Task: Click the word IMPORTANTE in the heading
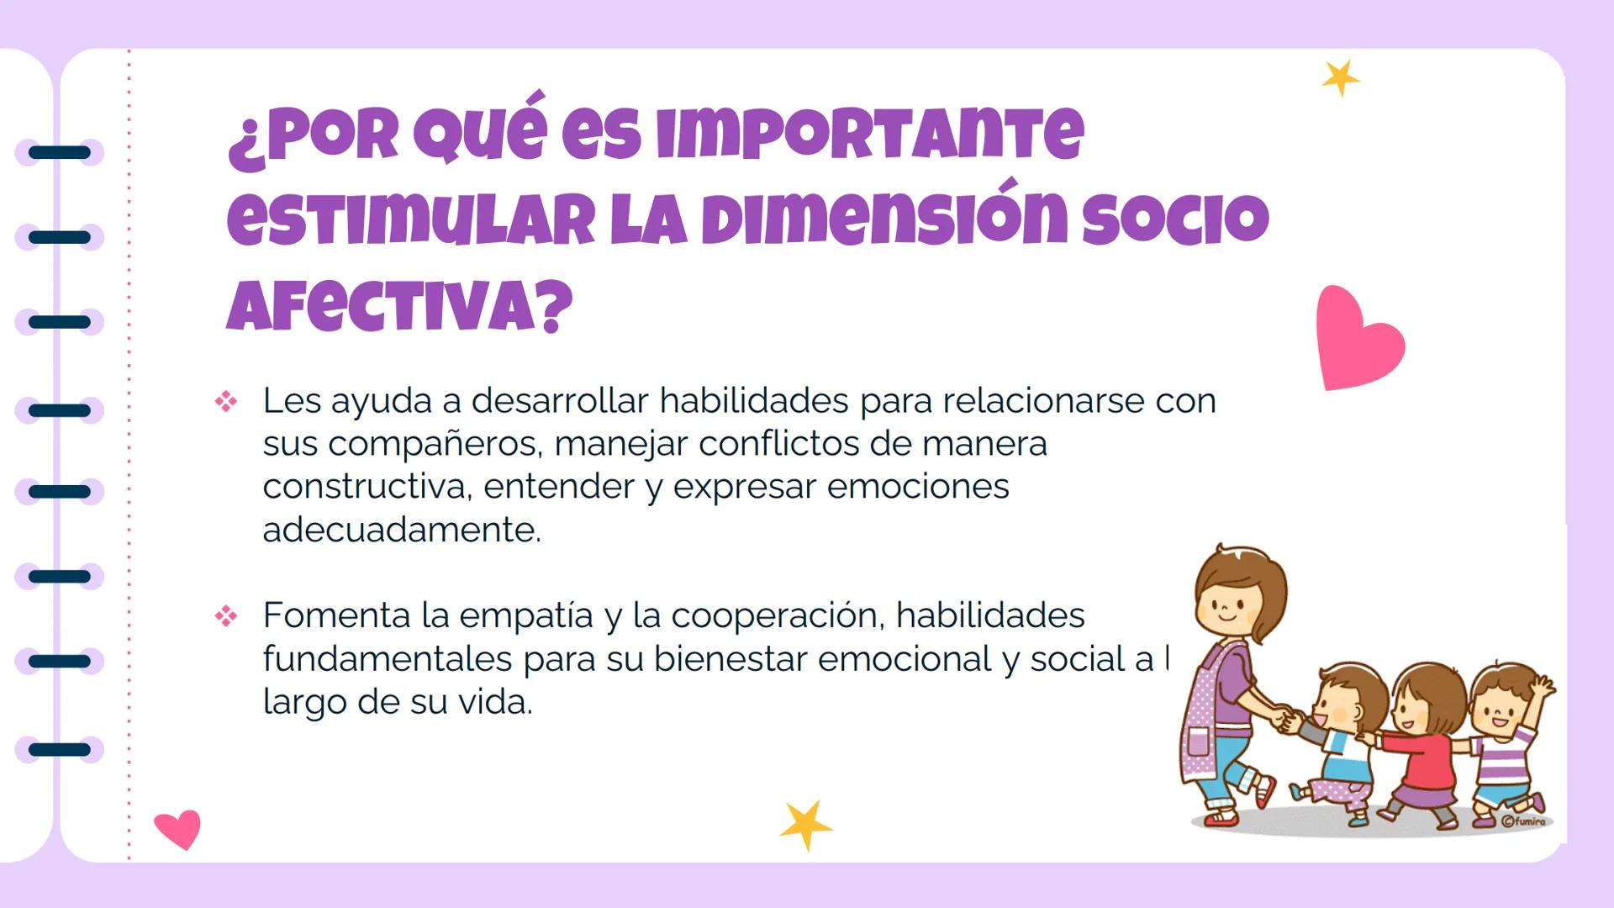pyautogui.click(x=870, y=135)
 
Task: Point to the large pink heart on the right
pyautogui.click(x=1356, y=340)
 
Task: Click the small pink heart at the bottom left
pyautogui.click(x=178, y=828)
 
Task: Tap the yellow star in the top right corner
pyautogui.click(x=1340, y=78)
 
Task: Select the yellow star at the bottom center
pyautogui.click(x=805, y=825)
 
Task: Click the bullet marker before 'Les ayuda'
pyautogui.click(x=225, y=402)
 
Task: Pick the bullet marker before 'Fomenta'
pyautogui.click(x=225, y=616)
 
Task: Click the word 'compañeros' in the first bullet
pyautogui.click(x=434, y=444)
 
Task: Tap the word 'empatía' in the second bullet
pyautogui.click(x=526, y=616)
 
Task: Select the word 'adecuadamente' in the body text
pyautogui.click(x=400, y=530)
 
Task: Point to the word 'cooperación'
pyautogui.click(x=777, y=616)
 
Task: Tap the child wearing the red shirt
pyautogui.click(x=1425, y=740)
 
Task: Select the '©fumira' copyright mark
pyautogui.click(x=1522, y=821)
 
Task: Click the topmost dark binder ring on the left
pyautogui.click(x=59, y=152)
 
